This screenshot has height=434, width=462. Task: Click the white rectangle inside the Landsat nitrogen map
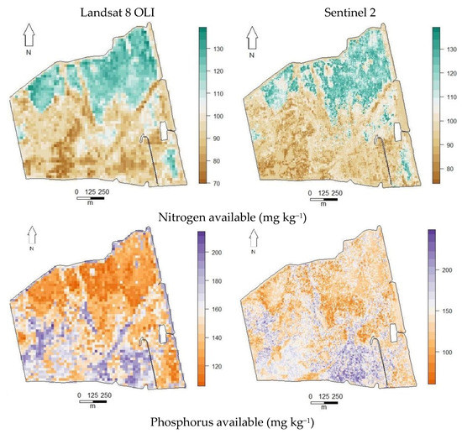click(165, 131)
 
